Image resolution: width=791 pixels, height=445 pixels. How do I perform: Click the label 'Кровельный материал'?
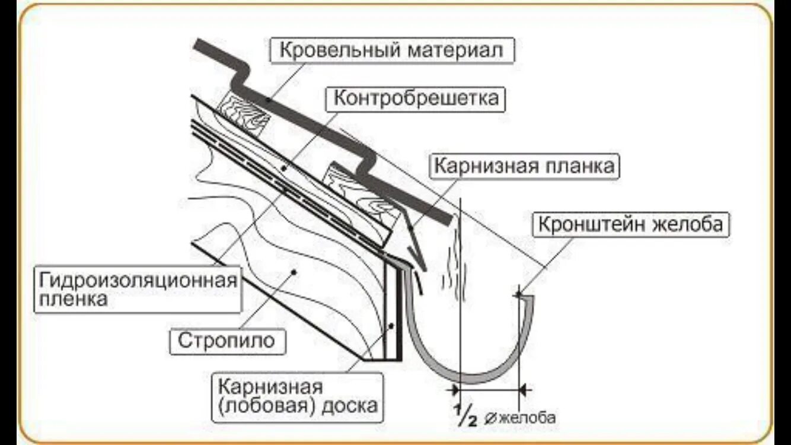point(392,50)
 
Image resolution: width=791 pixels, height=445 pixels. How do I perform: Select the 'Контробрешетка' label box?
point(416,98)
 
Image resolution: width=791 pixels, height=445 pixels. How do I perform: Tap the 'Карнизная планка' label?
point(524,166)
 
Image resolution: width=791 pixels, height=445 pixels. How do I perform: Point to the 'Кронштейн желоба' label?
point(631,225)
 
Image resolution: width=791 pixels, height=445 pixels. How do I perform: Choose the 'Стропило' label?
point(227,341)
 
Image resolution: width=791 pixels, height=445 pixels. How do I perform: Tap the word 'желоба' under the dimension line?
point(528,418)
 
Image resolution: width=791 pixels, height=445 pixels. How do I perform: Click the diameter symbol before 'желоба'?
point(492,418)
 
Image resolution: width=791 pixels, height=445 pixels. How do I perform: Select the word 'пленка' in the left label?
point(74,299)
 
